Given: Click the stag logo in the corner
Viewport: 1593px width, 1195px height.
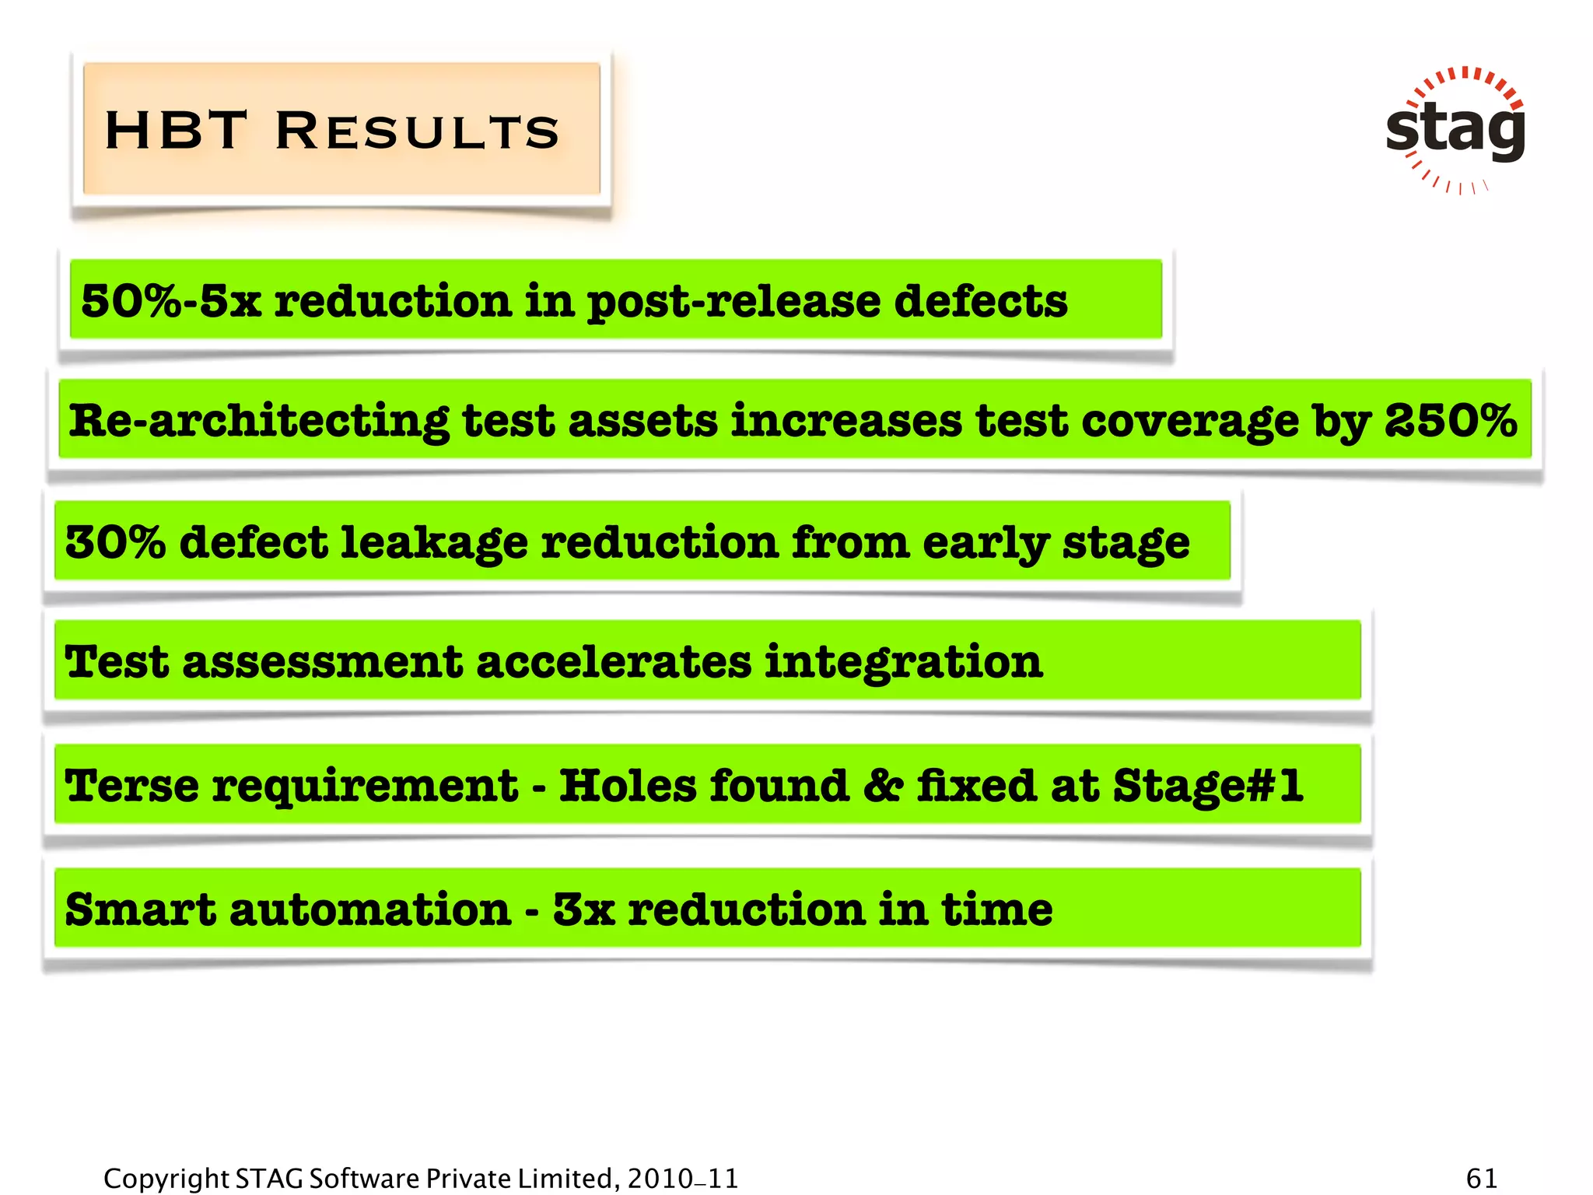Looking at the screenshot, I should point(1455,129).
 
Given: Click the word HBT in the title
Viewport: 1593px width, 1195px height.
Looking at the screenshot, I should point(176,130).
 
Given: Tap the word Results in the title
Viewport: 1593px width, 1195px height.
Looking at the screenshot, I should point(418,130).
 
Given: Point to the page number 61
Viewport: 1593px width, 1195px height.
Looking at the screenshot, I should point(1481,1178).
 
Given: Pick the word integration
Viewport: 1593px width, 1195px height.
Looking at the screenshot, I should point(903,662).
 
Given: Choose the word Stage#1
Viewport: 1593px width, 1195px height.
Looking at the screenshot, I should point(1208,785).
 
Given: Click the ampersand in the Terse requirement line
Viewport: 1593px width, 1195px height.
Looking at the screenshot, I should point(883,785).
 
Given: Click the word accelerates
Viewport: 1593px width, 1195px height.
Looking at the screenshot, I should point(614,662).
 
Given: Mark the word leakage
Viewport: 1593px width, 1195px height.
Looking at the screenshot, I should point(435,543).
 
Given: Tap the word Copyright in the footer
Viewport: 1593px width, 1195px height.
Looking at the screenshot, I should point(166,1179).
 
